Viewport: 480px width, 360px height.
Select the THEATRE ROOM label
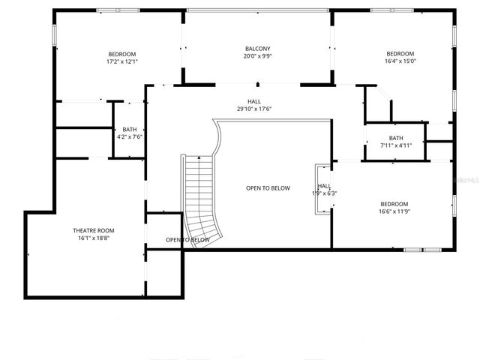tap(94, 230)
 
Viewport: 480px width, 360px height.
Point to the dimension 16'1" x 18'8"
tap(94, 238)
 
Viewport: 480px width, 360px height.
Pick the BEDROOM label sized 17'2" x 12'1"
tap(122, 54)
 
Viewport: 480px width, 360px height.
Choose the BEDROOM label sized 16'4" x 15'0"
tap(400, 53)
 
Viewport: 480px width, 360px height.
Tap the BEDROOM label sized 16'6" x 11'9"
tap(394, 204)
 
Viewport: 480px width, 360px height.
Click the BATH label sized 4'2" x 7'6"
tap(130, 129)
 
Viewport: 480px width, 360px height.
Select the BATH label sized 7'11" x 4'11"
tap(395, 138)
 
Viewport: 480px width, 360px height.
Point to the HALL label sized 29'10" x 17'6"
tap(254, 101)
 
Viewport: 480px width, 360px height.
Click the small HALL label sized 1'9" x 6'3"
tap(324, 185)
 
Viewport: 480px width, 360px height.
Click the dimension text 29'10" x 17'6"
tap(254, 109)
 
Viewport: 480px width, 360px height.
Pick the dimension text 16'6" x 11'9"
tap(394, 212)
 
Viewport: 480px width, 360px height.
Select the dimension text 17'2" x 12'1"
tap(122, 62)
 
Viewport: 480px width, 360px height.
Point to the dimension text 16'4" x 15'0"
tap(400, 61)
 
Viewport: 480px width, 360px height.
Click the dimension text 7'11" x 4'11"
tap(395, 145)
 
